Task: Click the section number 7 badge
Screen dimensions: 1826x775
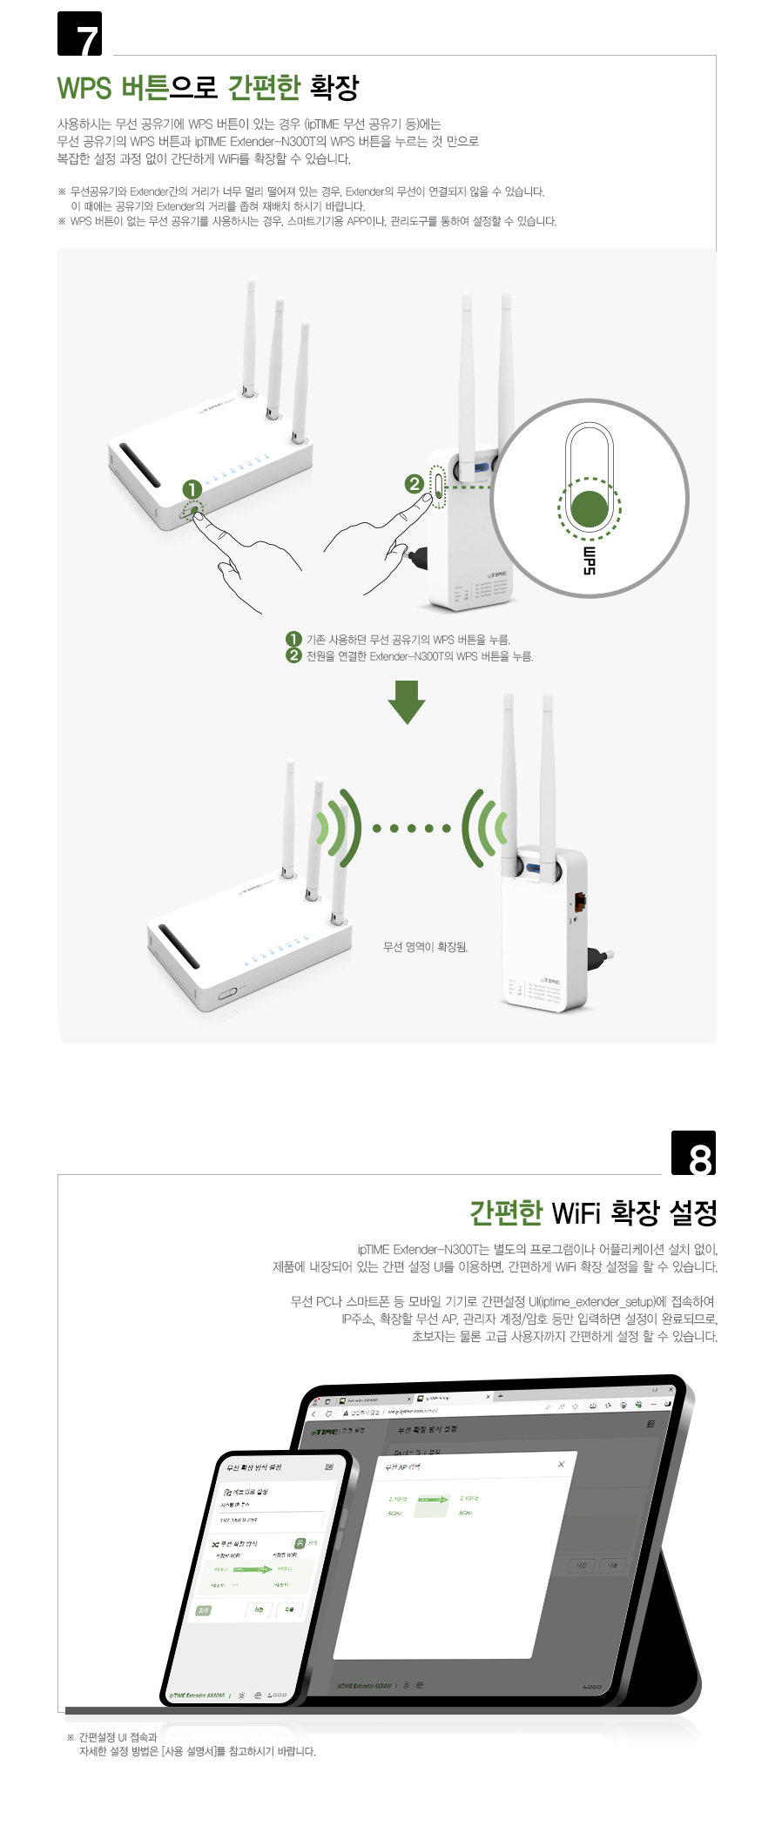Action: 80,35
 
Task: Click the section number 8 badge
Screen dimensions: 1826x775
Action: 694,1153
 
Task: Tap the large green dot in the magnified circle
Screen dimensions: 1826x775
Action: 590,508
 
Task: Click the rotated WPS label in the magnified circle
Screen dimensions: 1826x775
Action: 590,561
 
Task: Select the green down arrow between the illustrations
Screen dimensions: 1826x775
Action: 406,702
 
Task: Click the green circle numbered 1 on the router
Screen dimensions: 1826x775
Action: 192,490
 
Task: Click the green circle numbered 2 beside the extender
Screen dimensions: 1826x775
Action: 414,483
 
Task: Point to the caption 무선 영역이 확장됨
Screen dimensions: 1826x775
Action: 425,947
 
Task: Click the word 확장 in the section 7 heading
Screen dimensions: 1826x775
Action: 334,87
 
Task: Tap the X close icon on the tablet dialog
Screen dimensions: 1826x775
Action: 561,1464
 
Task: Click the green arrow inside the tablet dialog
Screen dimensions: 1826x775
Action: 433,1500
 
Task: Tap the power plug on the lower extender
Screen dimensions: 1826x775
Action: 600,957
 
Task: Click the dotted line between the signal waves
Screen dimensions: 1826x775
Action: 411,828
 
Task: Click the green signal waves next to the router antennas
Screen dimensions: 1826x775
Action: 340,828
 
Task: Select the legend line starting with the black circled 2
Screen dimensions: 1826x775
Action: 409,656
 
